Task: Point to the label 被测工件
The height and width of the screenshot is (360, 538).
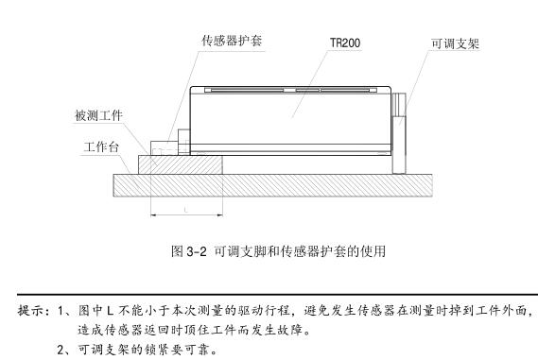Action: [x=98, y=116]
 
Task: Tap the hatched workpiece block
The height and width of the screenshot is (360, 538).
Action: [x=181, y=165]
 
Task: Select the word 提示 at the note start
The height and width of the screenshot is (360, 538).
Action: [x=31, y=309]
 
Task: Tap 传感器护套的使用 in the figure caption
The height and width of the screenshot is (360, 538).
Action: [x=332, y=251]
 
